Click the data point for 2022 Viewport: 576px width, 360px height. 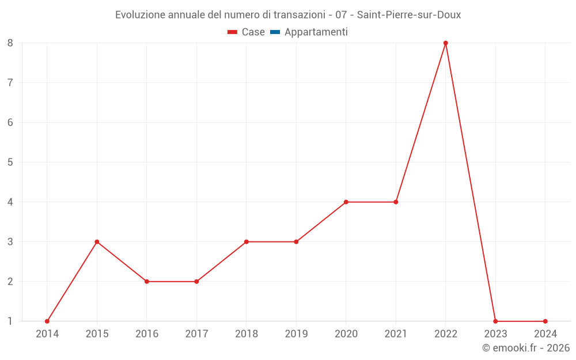coord(445,43)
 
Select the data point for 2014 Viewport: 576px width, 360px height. coord(47,321)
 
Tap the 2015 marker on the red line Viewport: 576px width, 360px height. coord(97,242)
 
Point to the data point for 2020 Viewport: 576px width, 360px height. coord(346,202)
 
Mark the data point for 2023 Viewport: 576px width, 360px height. coord(495,321)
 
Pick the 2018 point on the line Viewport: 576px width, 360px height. coord(247,242)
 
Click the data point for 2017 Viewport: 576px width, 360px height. coord(196,282)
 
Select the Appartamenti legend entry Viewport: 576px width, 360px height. coord(316,32)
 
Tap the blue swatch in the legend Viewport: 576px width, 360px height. coord(275,32)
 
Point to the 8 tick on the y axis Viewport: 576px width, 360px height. coord(10,43)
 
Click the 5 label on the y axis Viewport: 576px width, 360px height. coord(10,162)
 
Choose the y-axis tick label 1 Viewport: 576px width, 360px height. coord(10,321)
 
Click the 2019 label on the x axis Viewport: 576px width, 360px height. coord(296,334)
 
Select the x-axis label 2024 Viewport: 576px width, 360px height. coord(545,334)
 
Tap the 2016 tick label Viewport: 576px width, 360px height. coord(147,334)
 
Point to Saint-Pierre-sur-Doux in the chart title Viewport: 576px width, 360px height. coord(409,15)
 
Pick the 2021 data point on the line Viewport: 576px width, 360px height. coord(396,202)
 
